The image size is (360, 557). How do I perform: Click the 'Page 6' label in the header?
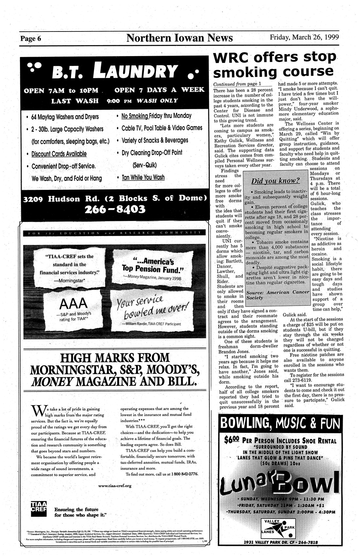pyautogui.click(x=31, y=39)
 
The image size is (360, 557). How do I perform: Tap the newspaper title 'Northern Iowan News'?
pyautogui.click(x=180, y=38)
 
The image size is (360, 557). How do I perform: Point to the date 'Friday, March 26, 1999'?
pyautogui.click(x=304, y=37)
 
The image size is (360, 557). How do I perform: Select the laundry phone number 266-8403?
pyautogui.click(x=114, y=209)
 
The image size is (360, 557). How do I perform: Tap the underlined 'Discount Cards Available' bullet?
pyautogui.click(x=59, y=154)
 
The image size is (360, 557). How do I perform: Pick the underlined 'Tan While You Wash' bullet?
pyautogui.click(x=143, y=177)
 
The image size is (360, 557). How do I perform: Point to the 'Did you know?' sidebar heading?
pyautogui.click(x=275, y=181)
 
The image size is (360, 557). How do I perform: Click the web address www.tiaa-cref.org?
pyautogui.click(x=115, y=486)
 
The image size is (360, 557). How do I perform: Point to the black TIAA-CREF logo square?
pyautogui.click(x=39, y=508)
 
